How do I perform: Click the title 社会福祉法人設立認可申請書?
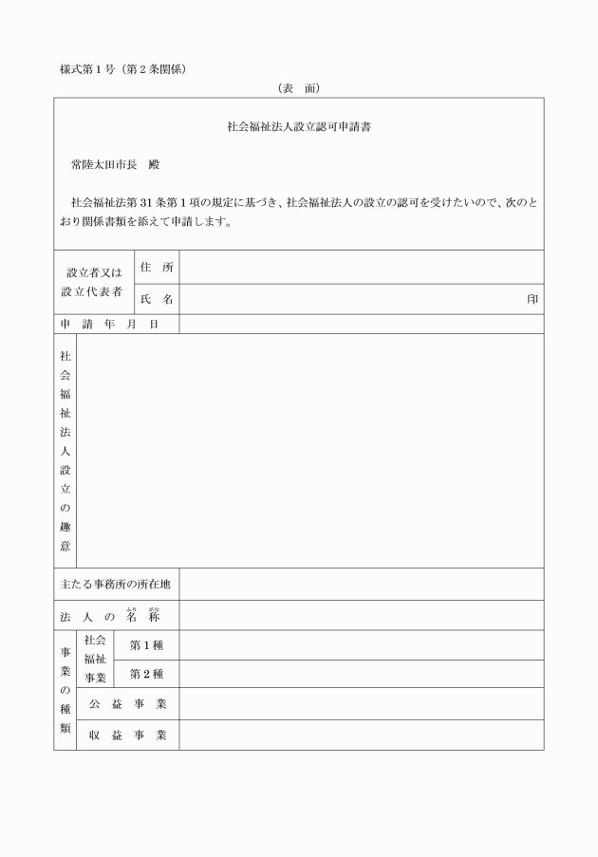pos(298,126)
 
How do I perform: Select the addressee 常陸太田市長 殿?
pos(116,164)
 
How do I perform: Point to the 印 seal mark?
pos(533,299)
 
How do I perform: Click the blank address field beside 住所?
pos(361,268)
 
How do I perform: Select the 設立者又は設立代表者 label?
pos(93,283)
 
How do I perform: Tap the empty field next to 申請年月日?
pos(361,324)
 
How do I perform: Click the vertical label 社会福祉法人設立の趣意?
pos(65,451)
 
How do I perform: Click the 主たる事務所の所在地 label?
pos(116,584)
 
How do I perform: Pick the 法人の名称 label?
pos(116,615)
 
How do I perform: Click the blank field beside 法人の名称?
pos(361,615)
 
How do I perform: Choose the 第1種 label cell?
pos(146,645)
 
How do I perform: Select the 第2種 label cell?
pos(146,674)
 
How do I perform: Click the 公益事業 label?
pos(127,704)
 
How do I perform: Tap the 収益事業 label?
pos(127,735)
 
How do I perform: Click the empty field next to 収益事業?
pos(361,735)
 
